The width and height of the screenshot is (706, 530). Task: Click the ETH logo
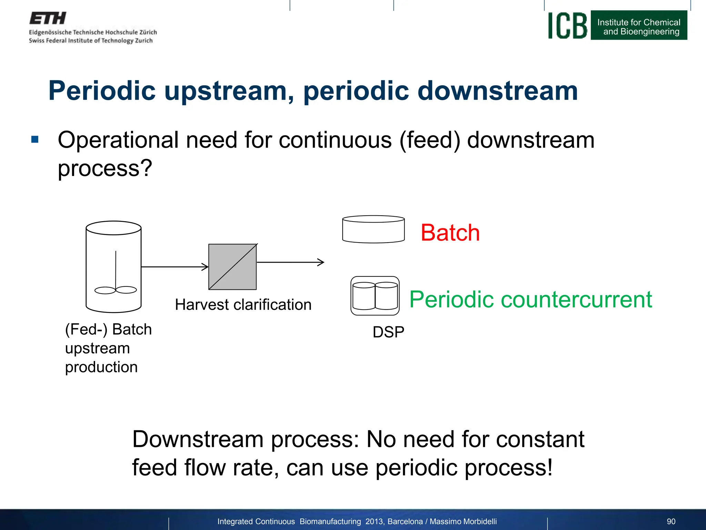(x=48, y=18)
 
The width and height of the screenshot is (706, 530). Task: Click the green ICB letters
(x=567, y=26)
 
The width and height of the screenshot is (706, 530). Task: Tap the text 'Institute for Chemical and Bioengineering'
(x=639, y=27)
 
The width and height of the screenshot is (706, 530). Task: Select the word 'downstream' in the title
(x=497, y=91)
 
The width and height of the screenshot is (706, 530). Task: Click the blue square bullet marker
(x=35, y=139)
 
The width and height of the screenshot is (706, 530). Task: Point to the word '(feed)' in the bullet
(x=430, y=140)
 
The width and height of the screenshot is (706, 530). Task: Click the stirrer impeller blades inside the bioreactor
(x=115, y=290)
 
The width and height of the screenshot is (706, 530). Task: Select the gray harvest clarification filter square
(x=232, y=267)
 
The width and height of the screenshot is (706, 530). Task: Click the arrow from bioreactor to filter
(x=174, y=266)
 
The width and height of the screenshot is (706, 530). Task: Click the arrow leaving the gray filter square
(x=290, y=262)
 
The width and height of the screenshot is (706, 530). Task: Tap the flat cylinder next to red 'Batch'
(x=373, y=229)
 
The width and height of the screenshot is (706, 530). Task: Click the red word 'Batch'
(x=450, y=233)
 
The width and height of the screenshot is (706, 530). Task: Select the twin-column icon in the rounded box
(x=375, y=296)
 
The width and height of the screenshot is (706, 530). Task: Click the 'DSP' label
(x=388, y=332)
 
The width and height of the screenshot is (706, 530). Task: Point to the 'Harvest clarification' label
(x=243, y=305)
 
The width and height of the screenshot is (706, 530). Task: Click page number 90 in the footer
(x=671, y=521)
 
